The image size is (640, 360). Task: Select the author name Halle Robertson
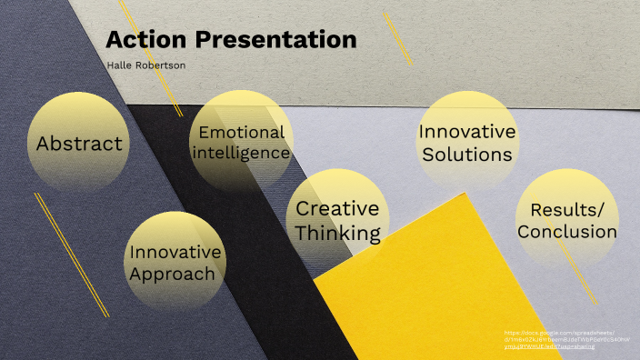145,66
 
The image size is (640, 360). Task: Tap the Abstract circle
78,143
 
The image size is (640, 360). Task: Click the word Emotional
242,132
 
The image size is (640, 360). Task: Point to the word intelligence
241,153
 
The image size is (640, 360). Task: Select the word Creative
338,210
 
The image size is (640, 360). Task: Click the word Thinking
338,233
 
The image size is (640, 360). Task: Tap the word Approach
173,274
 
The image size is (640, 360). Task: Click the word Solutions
467,154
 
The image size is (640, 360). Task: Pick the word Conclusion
567,231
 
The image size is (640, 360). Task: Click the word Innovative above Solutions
467,132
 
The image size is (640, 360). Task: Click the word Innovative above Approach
175,252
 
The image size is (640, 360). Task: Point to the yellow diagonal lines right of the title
397,38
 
